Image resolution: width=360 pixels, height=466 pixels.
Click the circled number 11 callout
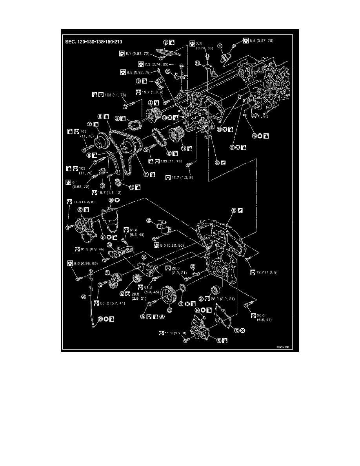145,175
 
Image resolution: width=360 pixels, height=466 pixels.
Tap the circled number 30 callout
83,297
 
